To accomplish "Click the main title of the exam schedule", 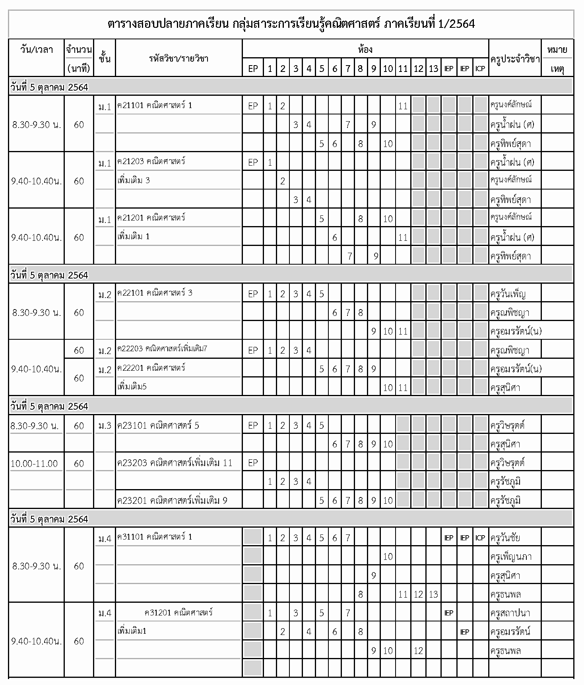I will click(291, 24).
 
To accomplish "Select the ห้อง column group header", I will click(365, 50).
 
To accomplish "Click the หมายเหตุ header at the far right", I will click(557, 59).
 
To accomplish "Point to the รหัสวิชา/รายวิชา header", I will click(178, 59).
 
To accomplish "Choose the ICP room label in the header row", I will click(480, 69).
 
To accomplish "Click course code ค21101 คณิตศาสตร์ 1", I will click(155, 105).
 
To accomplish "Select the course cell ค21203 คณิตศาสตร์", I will click(151, 162).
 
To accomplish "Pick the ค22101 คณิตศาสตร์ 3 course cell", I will click(155, 293).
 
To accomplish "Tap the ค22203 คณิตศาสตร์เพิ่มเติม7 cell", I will click(162, 349).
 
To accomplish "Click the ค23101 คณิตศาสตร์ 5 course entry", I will click(158, 426).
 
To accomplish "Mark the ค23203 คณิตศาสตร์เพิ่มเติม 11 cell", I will click(175, 463).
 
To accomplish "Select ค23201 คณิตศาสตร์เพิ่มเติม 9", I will click(172, 501).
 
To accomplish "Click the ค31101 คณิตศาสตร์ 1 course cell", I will click(155, 537).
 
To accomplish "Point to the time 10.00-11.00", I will click(34, 464).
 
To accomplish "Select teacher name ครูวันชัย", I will click(505, 538).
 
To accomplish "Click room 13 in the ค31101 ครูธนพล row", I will click(433, 594).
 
